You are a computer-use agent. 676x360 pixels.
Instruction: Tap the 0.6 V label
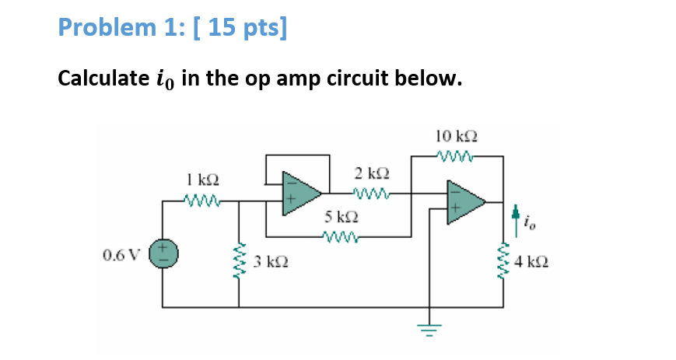(118, 253)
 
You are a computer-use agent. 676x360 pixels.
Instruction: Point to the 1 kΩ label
(202, 180)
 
